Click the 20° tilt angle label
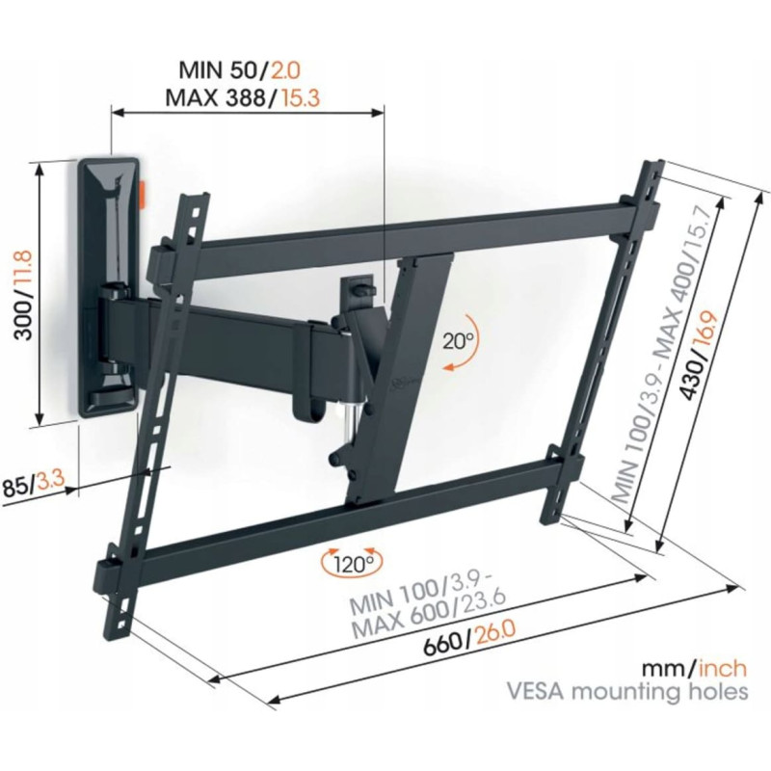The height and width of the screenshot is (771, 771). tap(458, 340)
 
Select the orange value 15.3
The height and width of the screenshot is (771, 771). tap(300, 98)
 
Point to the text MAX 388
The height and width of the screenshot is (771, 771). tap(215, 98)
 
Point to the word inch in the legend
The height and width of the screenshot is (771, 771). tap(723, 669)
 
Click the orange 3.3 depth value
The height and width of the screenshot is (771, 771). tap(51, 480)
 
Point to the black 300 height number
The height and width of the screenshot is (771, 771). tap(23, 319)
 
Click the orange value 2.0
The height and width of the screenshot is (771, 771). tap(284, 70)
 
